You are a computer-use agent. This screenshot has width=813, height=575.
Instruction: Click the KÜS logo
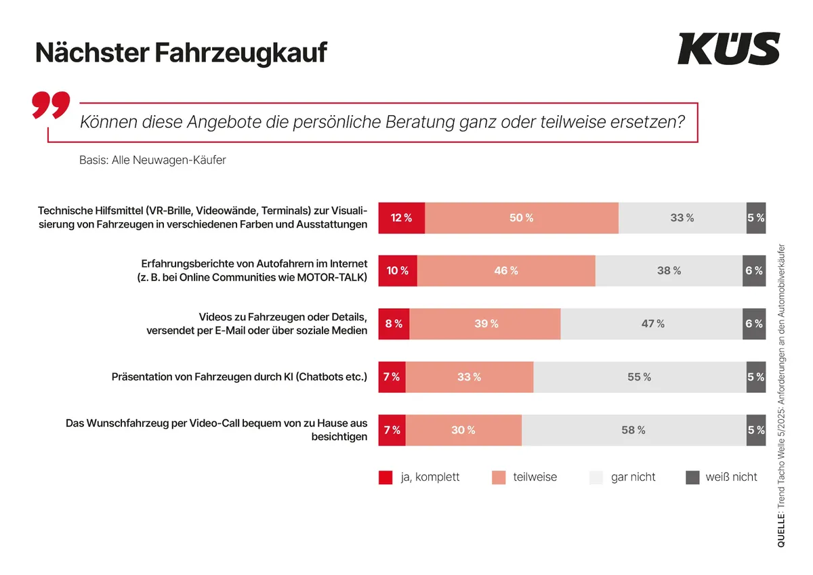[728, 49]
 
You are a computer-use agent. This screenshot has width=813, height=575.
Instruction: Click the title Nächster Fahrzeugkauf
[181, 52]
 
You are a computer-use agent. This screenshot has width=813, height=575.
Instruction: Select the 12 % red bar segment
[401, 218]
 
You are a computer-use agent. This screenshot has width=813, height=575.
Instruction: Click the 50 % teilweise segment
[521, 218]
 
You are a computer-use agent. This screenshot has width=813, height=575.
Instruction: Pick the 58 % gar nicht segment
[633, 430]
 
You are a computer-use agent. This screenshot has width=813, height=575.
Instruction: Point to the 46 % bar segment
[505, 271]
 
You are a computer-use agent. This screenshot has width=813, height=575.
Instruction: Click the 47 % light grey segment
[652, 324]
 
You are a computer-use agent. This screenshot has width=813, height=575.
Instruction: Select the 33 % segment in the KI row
[469, 377]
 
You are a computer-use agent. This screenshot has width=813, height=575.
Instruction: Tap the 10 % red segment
[398, 271]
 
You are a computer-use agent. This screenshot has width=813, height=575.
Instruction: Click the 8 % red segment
[394, 324]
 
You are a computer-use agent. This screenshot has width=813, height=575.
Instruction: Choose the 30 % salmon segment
[463, 430]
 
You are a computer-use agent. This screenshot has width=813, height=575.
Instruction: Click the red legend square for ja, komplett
[385, 477]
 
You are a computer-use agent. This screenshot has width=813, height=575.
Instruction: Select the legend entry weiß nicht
[731, 477]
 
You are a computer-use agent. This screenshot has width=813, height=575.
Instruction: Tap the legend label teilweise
[535, 477]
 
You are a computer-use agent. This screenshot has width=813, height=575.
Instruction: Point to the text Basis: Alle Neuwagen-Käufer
[152, 161]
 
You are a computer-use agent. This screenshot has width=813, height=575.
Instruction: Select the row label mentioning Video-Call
[217, 429]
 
